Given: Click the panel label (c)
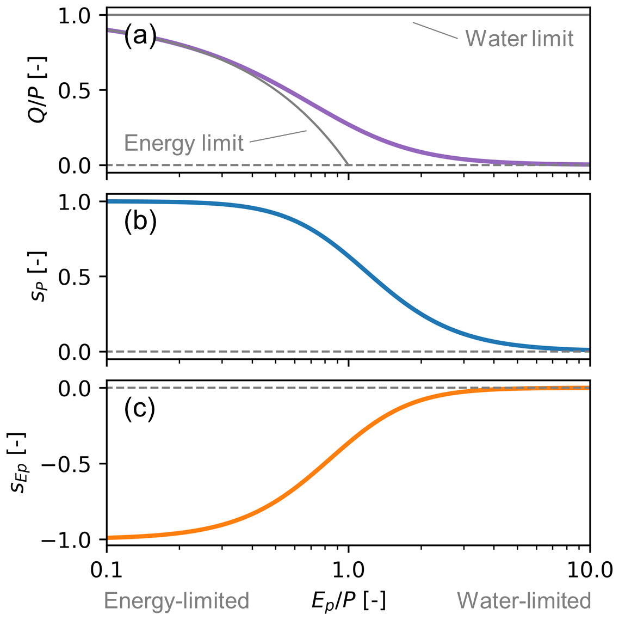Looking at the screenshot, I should click(140, 409).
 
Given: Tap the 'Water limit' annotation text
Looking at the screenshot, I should click(519, 39).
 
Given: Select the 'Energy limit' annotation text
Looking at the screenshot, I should click(184, 143).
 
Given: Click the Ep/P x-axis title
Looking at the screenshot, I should click(348, 600).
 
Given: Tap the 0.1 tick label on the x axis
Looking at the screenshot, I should click(106, 570).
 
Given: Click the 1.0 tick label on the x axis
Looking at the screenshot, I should click(348, 570).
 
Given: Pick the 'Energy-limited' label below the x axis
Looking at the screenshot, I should click(176, 600).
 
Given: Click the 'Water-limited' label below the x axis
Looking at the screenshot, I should click(524, 600).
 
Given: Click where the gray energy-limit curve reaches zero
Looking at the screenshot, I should click(348, 164).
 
